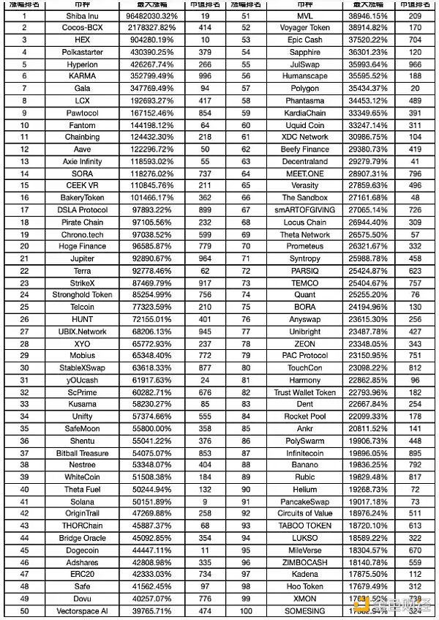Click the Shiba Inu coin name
pos(82,16)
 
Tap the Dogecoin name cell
pos(82,550)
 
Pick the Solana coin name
pos(82,502)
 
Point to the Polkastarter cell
pos(82,52)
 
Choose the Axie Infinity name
pos(82,162)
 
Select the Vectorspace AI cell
pos(82,611)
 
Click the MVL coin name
pos(304,16)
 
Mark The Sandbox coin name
pos(304,198)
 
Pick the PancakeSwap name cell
pos(304,502)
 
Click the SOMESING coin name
pos(304,611)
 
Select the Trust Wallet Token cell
pos(304,392)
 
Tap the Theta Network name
pos(304,234)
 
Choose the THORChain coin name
pos(82,526)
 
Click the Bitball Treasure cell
pos(82,453)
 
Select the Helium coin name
pos(304,490)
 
